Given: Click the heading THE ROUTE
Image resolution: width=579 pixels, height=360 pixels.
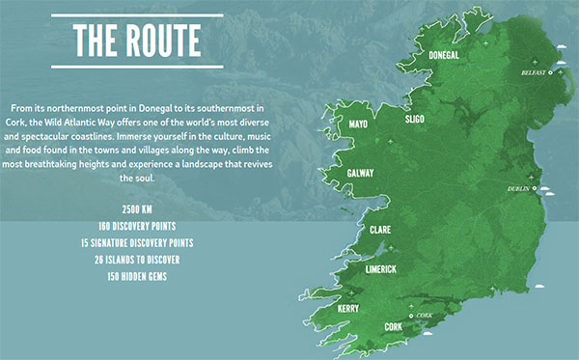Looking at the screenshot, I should pyautogui.click(x=138, y=41).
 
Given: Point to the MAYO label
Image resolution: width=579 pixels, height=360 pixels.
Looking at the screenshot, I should pyautogui.click(x=358, y=125).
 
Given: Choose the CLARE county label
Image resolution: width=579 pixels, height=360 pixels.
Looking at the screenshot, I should pyautogui.click(x=379, y=230).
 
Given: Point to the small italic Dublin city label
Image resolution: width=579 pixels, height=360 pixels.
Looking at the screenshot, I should pyautogui.click(x=519, y=188).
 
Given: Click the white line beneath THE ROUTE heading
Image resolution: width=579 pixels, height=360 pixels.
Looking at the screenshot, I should pyautogui.click(x=138, y=67).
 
